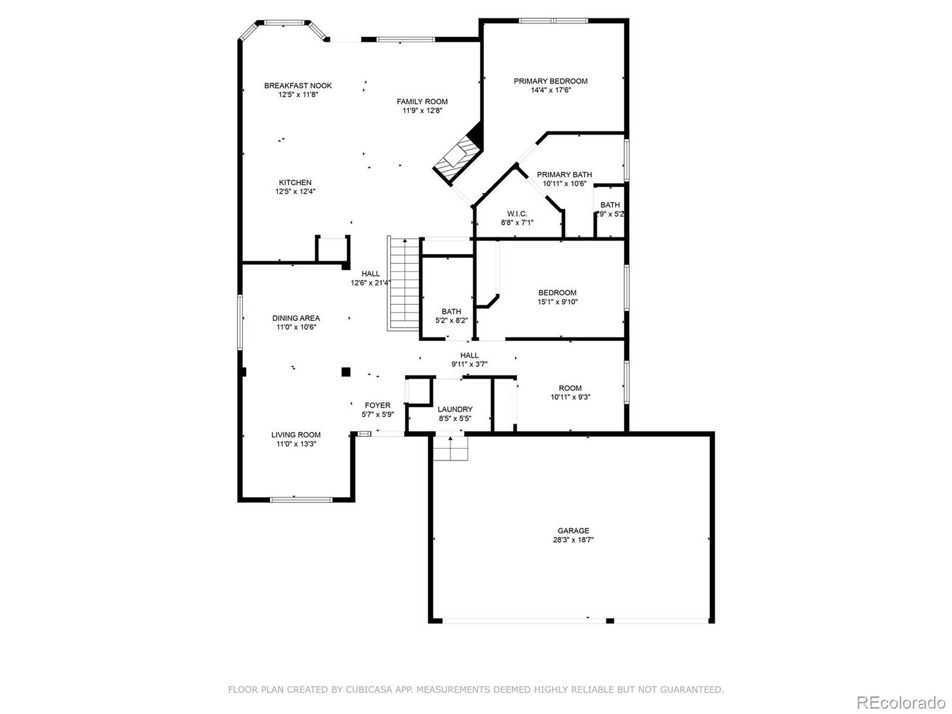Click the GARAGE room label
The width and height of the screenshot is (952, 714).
(573, 531)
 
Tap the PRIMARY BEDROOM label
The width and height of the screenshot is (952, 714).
(550, 81)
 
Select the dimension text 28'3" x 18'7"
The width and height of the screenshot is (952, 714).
(573, 540)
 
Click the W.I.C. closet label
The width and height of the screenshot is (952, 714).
(517, 213)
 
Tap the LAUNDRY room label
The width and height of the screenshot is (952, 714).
(455, 409)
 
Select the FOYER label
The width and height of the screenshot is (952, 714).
(377, 405)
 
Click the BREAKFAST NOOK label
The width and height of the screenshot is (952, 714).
(298, 86)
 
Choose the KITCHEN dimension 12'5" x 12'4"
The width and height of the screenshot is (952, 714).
(295, 192)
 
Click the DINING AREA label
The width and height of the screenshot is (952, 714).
(296, 318)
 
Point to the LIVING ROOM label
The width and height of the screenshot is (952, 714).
(296, 435)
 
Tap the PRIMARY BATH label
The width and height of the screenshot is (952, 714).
(564, 174)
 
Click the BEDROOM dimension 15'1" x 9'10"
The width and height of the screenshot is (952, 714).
(557, 302)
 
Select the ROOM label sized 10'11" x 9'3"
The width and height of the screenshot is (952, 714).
(570, 388)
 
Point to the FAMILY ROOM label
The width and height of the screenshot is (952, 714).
(422, 102)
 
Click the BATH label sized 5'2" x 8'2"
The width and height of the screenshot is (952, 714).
(451, 311)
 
